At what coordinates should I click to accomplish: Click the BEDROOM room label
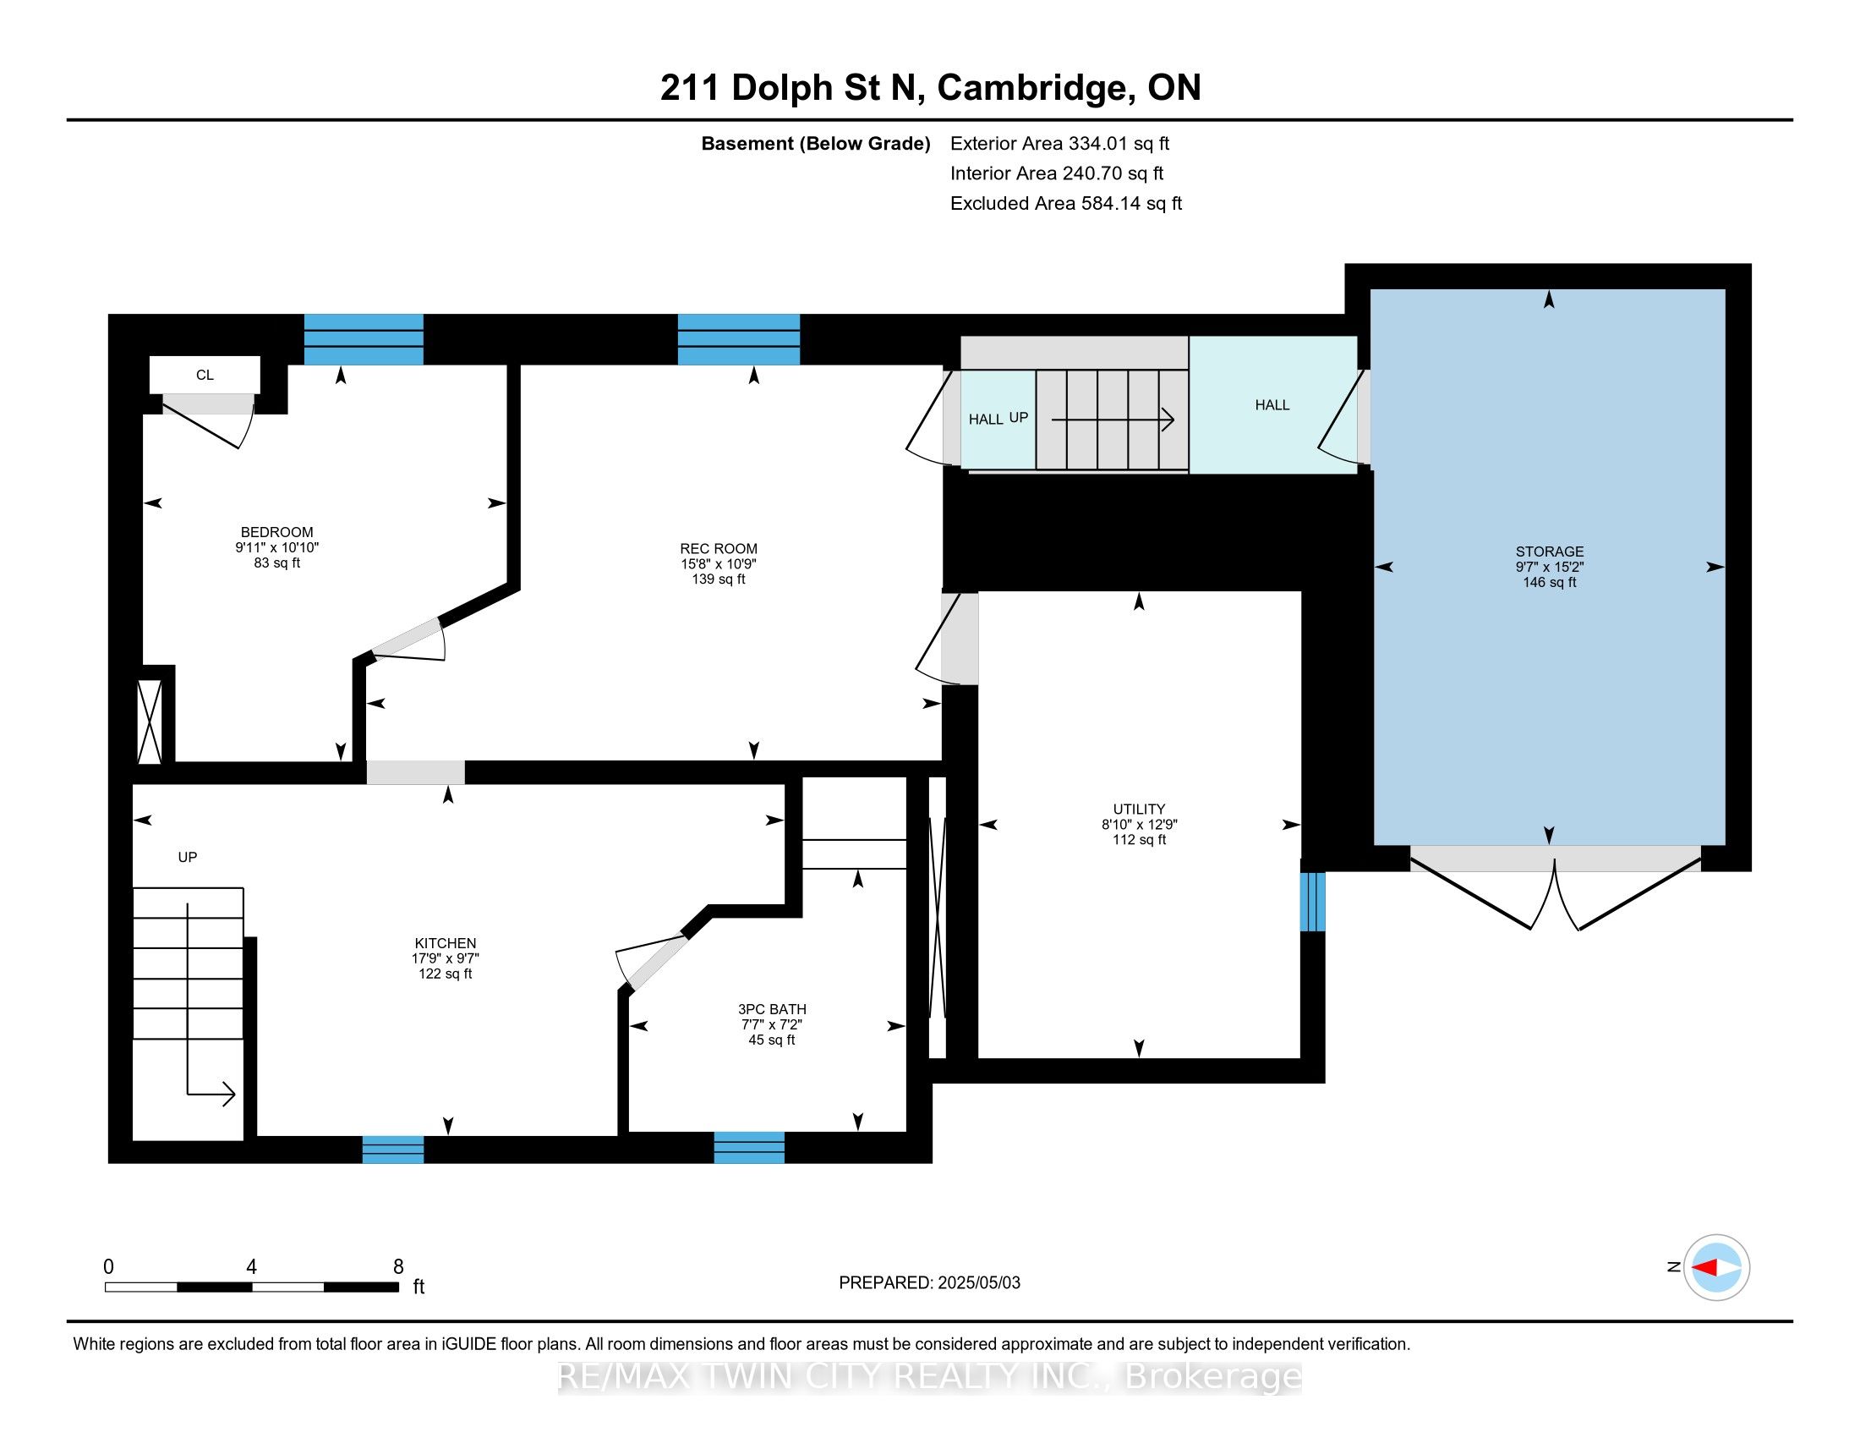(276, 532)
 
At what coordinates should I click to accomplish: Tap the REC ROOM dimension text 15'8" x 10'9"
(718, 564)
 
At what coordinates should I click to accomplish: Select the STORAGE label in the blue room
(1549, 552)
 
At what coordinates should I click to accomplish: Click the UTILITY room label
(1139, 810)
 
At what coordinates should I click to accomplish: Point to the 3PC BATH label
(772, 1009)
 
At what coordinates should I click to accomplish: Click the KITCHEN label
(445, 943)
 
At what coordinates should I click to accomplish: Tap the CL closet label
(205, 375)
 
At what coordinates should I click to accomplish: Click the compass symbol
(1716, 1267)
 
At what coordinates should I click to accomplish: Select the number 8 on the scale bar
(397, 1267)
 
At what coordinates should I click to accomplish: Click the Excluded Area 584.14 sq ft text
(1065, 204)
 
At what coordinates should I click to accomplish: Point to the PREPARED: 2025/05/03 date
(929, 1283)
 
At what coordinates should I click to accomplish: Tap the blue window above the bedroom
(364, 339)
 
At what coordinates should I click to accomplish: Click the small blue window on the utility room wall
(1312, 902)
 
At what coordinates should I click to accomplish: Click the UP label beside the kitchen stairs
(188, 857)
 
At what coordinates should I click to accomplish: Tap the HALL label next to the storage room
(1272, 405)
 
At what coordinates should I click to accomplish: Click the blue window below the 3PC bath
(748, 1148)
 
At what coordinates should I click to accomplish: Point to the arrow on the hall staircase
(1113, 419)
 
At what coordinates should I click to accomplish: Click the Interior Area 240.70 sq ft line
(1056, 173)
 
